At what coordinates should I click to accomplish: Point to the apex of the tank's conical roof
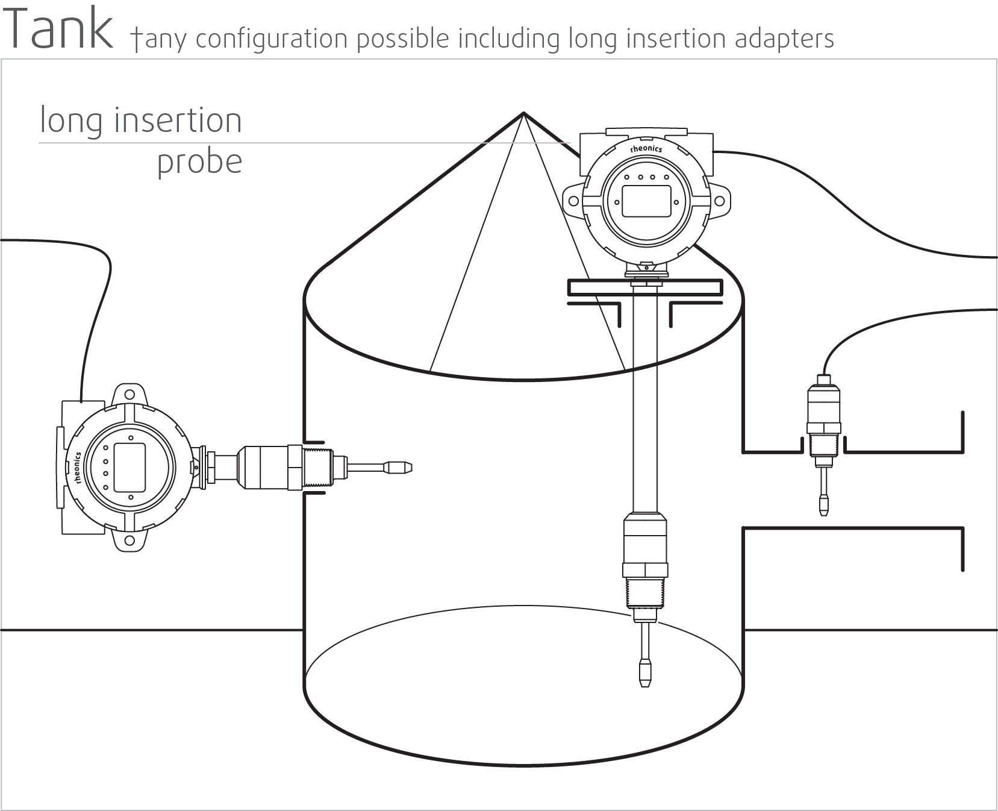[x=523, y=113]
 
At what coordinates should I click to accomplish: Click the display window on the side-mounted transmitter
[x=129, y=466]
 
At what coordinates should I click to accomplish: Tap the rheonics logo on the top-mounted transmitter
[x=646, y=149]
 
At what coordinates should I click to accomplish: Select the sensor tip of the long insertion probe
[x=645, y=674]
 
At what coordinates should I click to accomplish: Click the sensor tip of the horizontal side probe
[x=399, y=466]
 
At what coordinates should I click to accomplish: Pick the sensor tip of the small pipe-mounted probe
[x=823, y=504]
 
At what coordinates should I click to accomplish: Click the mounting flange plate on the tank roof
[x=645, y=287]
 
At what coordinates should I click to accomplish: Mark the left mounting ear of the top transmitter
[x=573, y=201]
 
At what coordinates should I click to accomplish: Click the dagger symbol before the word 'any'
[x=136, y=40]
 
